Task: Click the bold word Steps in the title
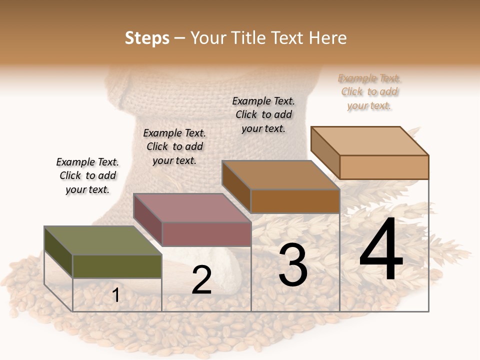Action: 147,38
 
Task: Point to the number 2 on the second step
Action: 201,280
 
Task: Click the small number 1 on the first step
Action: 116,295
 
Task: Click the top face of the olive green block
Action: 102,240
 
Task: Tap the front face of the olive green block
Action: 117,266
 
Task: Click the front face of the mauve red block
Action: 206,234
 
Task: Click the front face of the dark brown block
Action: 295,201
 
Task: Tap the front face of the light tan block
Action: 384,167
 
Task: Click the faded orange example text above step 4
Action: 369,92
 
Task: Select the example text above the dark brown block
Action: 263,114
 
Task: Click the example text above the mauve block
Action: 174,146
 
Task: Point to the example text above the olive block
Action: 87,175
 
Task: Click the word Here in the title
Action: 327,38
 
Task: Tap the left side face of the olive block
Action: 58,252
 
